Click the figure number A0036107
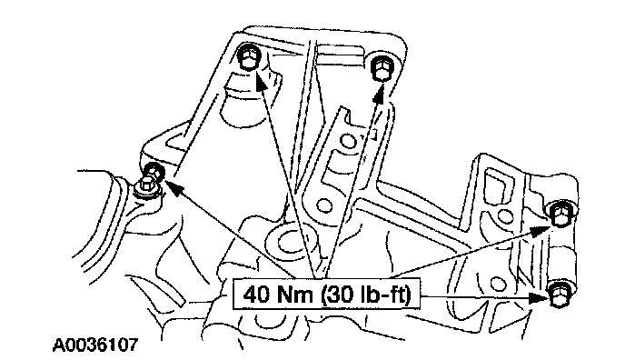pyautogui.click(x=95, y=345)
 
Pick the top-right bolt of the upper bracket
pyautogui.click(x=382, y=67)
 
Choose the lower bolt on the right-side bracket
pyautogui.click(x=560, y=294)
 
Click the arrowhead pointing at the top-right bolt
pyautogui.click(x=379, y=95)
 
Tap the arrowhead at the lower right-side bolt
pyautogui.click(x=540, y=297)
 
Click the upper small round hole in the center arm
pyautogui.click(x=348, y=141)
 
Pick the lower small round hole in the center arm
pyautogui.click(x=324, y=205)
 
